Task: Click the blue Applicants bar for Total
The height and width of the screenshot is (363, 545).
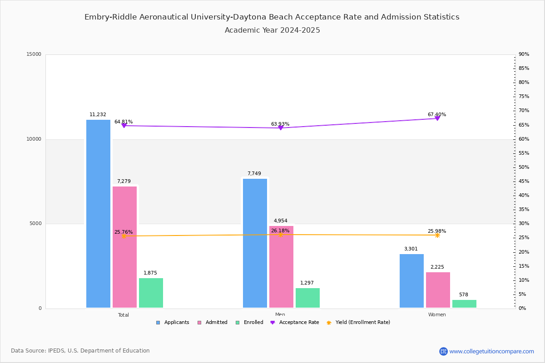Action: click(x=98, y=214)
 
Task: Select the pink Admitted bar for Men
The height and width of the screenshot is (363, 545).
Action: click(x=281, y=267)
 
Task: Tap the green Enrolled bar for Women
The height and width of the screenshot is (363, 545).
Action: click(x=464, y=304)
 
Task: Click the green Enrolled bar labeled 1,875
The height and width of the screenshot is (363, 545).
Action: click(x=151, y=293)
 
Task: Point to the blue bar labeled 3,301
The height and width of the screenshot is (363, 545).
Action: click(x=411, y=281)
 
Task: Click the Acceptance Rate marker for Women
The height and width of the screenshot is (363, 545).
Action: click(x=437, y=118)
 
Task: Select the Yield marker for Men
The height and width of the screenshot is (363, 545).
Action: click(x=280, y=235)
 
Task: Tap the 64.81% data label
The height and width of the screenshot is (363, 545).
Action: click(x=124, y=122)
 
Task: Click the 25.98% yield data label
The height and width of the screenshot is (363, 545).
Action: click(x=436, y=231)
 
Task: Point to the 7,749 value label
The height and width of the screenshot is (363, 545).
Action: click(x=254, y=173)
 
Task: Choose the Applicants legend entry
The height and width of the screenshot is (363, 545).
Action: click(x=173, y=323)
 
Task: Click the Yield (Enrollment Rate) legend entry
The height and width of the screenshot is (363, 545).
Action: click(x=362, y=323)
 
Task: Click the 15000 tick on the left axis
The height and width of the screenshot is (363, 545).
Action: click(x=34, y=54)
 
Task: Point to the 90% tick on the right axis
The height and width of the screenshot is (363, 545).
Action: click(x=524, y=54)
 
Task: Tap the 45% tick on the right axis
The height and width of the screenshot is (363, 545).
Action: click(x=524, y=181)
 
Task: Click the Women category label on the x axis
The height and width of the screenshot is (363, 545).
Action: click(x=437, y=315)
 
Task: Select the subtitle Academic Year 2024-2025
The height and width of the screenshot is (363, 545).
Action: click(x=272, y=30)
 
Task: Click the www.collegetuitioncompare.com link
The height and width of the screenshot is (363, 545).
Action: click(x=491, y=351)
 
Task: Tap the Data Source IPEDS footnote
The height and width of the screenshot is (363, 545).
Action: click(x=80, y=351)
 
